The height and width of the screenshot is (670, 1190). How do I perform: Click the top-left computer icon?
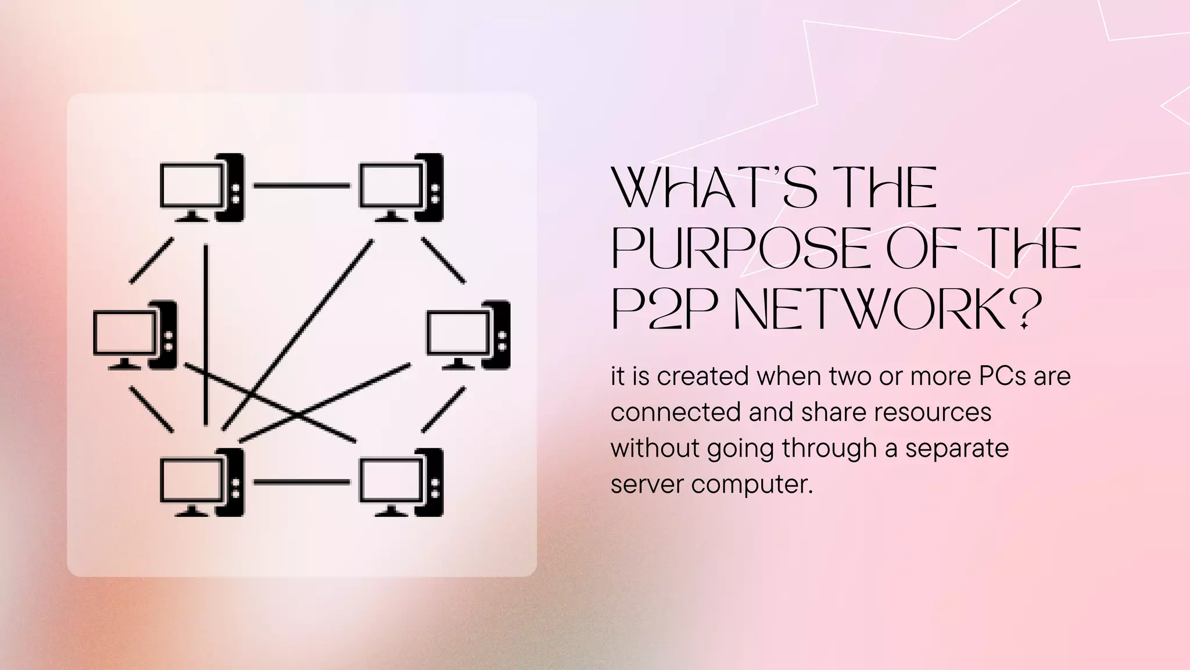coord(202,187)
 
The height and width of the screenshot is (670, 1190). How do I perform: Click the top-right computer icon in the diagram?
coord(402,187)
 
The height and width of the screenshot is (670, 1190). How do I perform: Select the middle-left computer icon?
coord(135,334)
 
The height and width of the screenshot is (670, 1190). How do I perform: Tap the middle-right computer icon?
coord(468,334)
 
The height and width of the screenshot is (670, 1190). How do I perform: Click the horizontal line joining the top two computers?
coord(302,186)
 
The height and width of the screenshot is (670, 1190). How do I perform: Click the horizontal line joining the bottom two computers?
coord(302,482)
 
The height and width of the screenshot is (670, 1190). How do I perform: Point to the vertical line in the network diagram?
coord(206,334)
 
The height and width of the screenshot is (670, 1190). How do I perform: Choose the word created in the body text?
coord(702,376)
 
